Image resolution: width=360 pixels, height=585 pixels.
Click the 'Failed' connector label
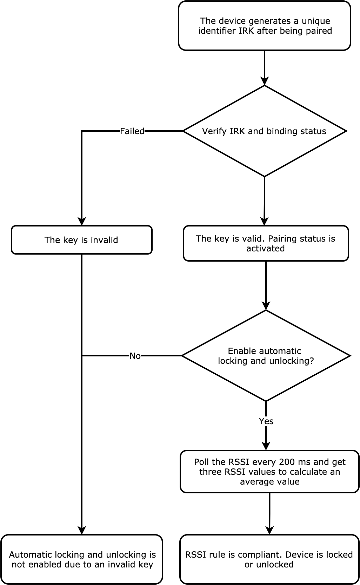tap(132, 131)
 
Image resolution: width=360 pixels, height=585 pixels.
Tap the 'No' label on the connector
tap(135, 356)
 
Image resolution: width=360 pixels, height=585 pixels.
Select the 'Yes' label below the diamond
tap(266, 421)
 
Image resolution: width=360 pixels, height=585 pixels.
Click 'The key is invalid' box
tap(81, 240)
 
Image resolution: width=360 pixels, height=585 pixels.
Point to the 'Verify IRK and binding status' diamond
tap(264, 131)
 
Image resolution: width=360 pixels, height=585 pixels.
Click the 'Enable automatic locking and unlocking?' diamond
tap(266, 356)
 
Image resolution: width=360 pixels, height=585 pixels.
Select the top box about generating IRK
tap(265, 26)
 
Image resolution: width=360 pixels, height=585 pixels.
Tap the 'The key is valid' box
tap(266, 243)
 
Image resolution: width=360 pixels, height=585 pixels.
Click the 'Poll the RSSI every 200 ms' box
tap(269, 472)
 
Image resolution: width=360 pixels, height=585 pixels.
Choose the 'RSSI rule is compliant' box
tap(269, 559)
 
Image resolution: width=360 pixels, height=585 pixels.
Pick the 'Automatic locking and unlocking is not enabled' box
tap(82, 559)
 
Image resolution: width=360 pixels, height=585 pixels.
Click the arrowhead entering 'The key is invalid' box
tap(82, 221)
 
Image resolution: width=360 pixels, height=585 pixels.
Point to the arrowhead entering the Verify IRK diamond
tap(265, 81)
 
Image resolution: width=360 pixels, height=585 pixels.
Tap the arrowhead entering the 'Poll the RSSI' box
tap(266, 446)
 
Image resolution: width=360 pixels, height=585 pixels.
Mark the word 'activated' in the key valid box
tap(265, 249)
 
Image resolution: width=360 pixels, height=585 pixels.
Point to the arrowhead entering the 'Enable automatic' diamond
tap(266, 305)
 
